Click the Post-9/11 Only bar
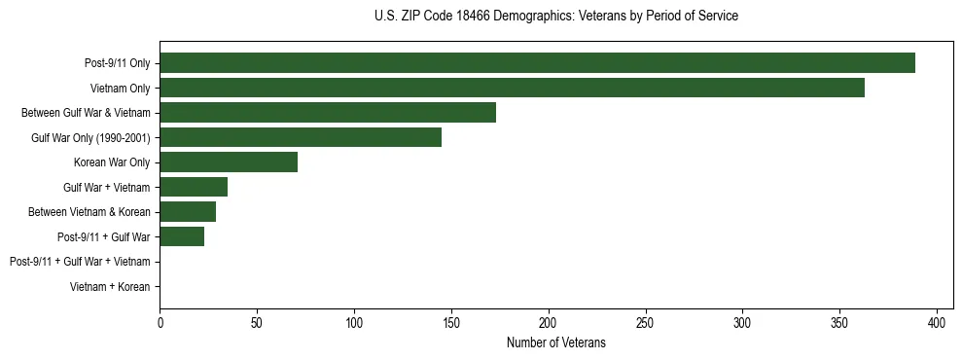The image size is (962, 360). click(x=537, y=63)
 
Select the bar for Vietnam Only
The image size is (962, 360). click(x=512, y=88)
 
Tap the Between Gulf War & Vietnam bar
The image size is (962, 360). click(x=328, y=112)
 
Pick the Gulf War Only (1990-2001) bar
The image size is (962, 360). click(x=301, y=137)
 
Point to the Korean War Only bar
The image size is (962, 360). click(x=229, y=162)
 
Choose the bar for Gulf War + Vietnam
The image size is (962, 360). click(x=194, y=187)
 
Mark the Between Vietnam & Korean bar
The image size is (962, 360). click(x=188, y=211)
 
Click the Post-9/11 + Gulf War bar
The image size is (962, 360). click(x=182, y=236)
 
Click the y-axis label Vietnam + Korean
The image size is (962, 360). click(x=110, y=287)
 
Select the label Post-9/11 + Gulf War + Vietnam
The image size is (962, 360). click(x=80, y=262)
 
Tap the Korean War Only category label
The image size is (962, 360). click(x=112, y=162)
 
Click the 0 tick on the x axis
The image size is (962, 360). click(x=160, y=322)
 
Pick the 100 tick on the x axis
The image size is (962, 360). click(x=354, y=322)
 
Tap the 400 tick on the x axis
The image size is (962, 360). click(x=937, y=322)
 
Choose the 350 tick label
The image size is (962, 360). click(x=742, y=322)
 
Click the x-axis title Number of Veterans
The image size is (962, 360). click(x=555, y=342)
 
